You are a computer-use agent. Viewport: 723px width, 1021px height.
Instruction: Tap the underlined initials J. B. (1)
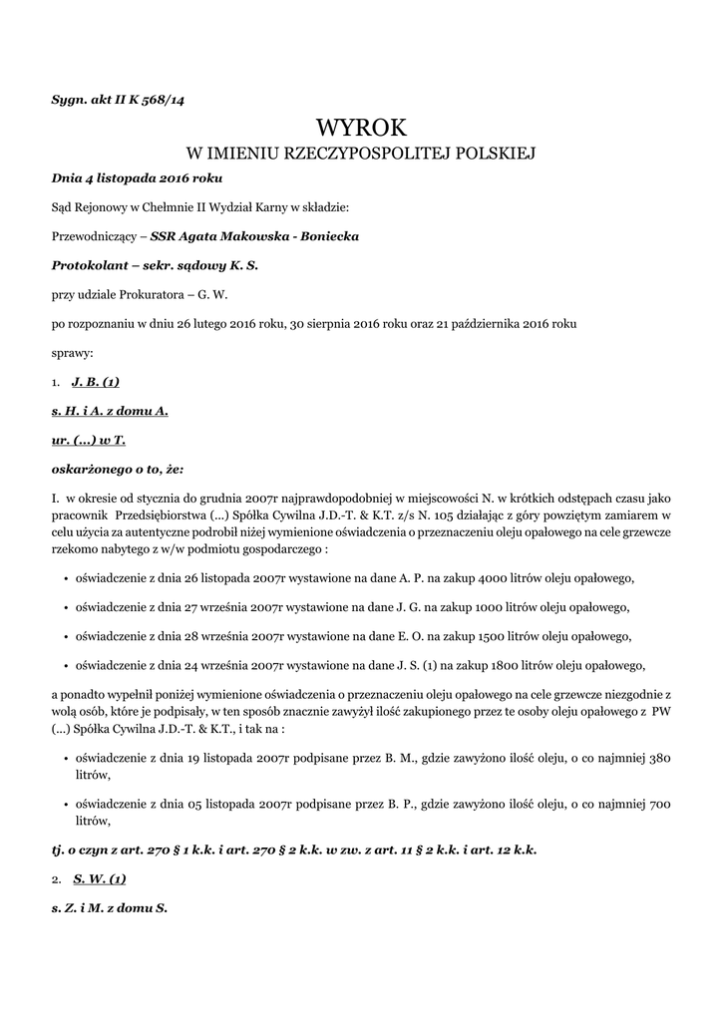(x=97, y=381)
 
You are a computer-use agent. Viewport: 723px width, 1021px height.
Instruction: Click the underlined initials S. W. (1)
(x=99, y=878)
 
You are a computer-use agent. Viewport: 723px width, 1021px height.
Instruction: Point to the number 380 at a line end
(x=659, y=758)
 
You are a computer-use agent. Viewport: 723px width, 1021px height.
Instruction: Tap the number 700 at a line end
(x=659, y=804)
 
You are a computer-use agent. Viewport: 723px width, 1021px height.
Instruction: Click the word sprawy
(x=72, y=352)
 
